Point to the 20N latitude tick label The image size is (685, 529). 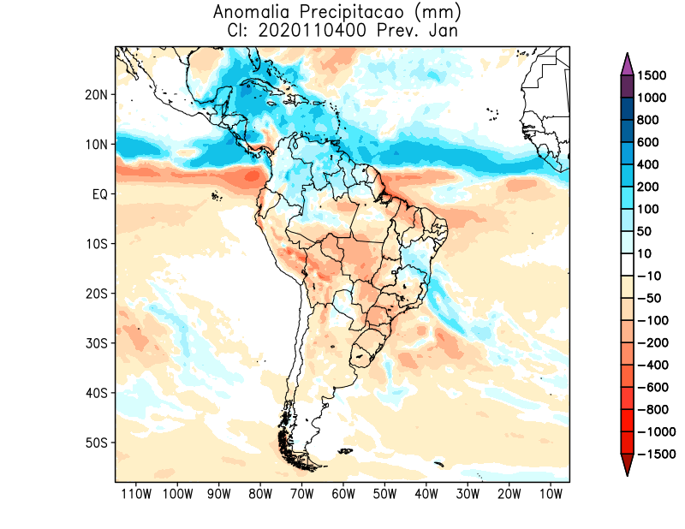pyautogui.click(x=97, y=95)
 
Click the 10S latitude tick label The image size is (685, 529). pyautogui.click(x=97, y=244)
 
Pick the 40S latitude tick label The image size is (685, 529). pyautogui.click(x=97, y=393)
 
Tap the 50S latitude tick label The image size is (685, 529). pyautogui.click(x=97, y=443)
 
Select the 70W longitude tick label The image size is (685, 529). pyautogui.click(x=301, y=494)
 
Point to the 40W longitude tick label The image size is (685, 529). pyautogui.click(x=426, y=494)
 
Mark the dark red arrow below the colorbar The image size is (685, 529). pyautogui.click(x=626, y=466)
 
